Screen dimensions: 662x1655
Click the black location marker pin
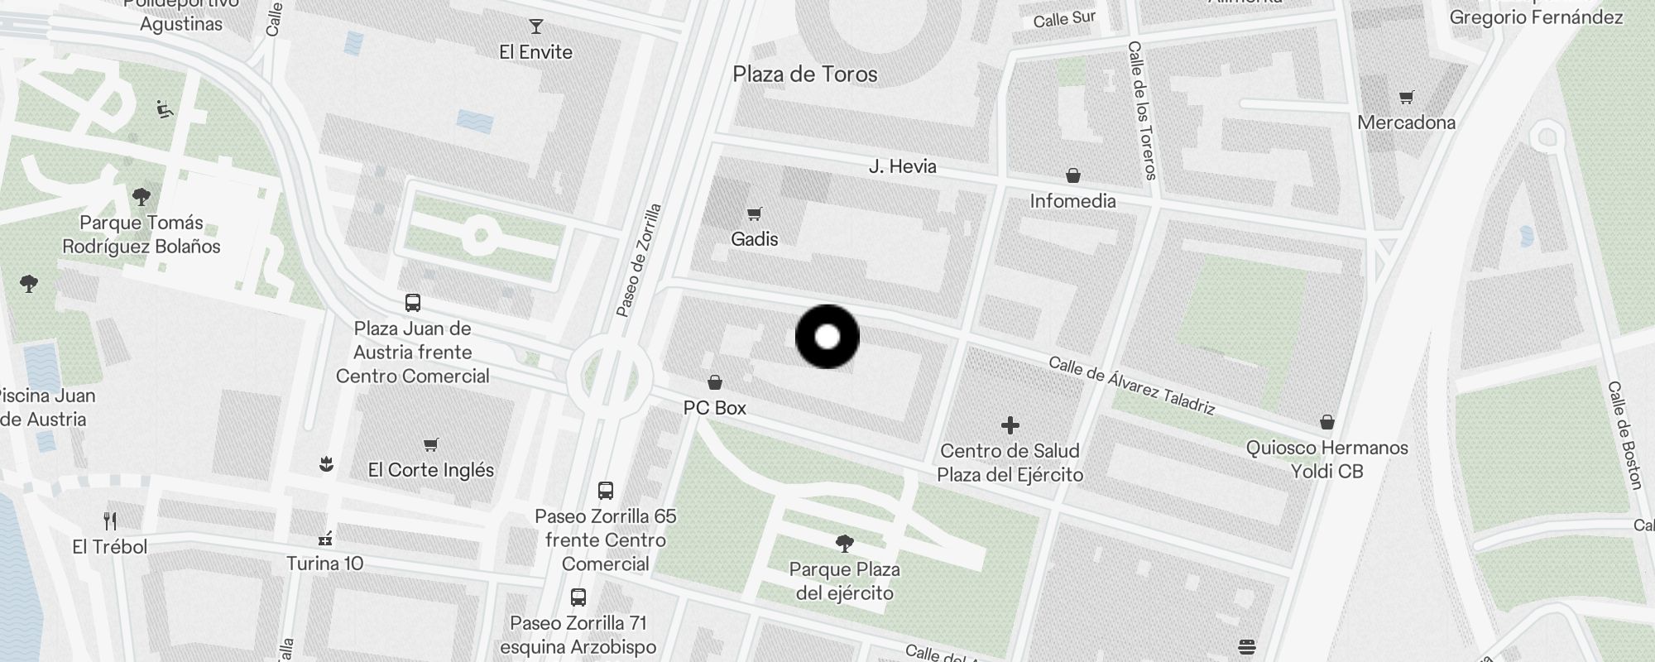[x=827, y=337]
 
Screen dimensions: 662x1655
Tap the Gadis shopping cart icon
[x=754, y=214]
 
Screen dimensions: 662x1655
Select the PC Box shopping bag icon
[x=715, y=382]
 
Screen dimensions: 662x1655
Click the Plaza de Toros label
[x=804, y=74]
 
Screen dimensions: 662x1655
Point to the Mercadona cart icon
[x=1406, y=98]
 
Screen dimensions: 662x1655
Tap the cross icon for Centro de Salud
[x=1010, y=425]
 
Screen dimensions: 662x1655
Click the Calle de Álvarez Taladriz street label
[x=1131, y=386]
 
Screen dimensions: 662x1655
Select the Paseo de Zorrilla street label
[x=640, y=260]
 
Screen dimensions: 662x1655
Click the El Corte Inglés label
[x=430, y=470]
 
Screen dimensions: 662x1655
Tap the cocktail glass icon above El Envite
[x=536, y=26]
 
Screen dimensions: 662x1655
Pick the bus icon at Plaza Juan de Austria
[x=412, y=303]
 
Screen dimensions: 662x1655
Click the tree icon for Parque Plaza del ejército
[x=844, y=544]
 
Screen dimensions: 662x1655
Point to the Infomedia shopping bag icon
[x=1072, y=175]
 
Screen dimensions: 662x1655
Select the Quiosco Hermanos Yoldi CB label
[x=1326, y=459]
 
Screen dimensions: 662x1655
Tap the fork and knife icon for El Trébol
[x=110, y=520]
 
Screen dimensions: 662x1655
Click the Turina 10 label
[x=324, y=564]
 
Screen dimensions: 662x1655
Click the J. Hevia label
[x=902, y=166]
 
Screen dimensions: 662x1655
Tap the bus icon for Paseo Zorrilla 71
[x=578, y=597]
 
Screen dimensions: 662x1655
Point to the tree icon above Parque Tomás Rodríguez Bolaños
[x=142, y=197]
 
